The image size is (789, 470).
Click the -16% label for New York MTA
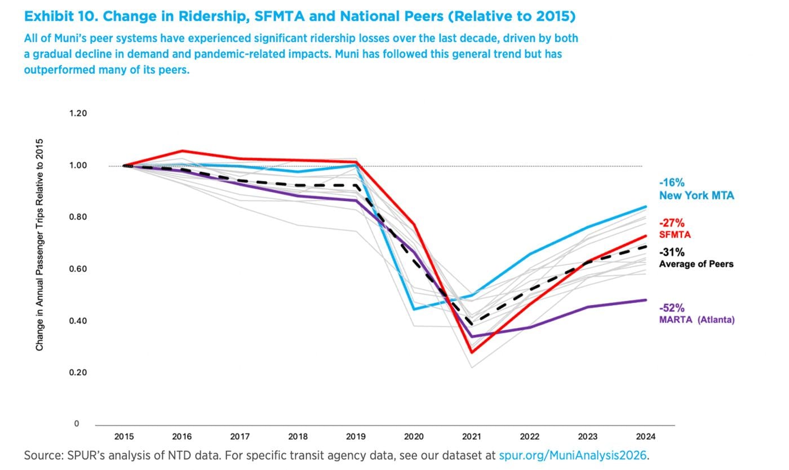[x=672, y=183]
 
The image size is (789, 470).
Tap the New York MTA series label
[x=697, y=196]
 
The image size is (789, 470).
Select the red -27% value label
[x=672, y=223]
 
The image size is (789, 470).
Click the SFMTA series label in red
[x=675, y=234]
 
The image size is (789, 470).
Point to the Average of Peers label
[x=696, y=264]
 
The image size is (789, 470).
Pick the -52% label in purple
[x=672, y=308]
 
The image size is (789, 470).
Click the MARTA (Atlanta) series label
[x=697, y=320]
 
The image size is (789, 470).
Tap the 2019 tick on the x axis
[x=356, y=436]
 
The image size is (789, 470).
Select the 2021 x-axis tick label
[x=472, y=436]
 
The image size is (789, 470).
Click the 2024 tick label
[x=646, y=436]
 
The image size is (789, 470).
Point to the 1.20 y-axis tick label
[x=78, y=113]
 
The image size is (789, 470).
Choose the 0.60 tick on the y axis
[x=78, y=269]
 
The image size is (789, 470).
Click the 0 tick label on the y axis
[x=77, y=424]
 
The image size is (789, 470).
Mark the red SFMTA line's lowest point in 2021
[x=471, y=353]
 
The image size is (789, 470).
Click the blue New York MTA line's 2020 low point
[x=414, y=309]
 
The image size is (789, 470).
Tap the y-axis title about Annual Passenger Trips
[x=39, y=245]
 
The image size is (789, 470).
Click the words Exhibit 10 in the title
[x=60, y=16]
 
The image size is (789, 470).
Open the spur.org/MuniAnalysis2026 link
[x=573, y=455]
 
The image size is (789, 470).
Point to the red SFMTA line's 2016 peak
[x=183, y=150]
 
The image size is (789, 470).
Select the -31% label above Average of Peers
[x=672, y=252]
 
